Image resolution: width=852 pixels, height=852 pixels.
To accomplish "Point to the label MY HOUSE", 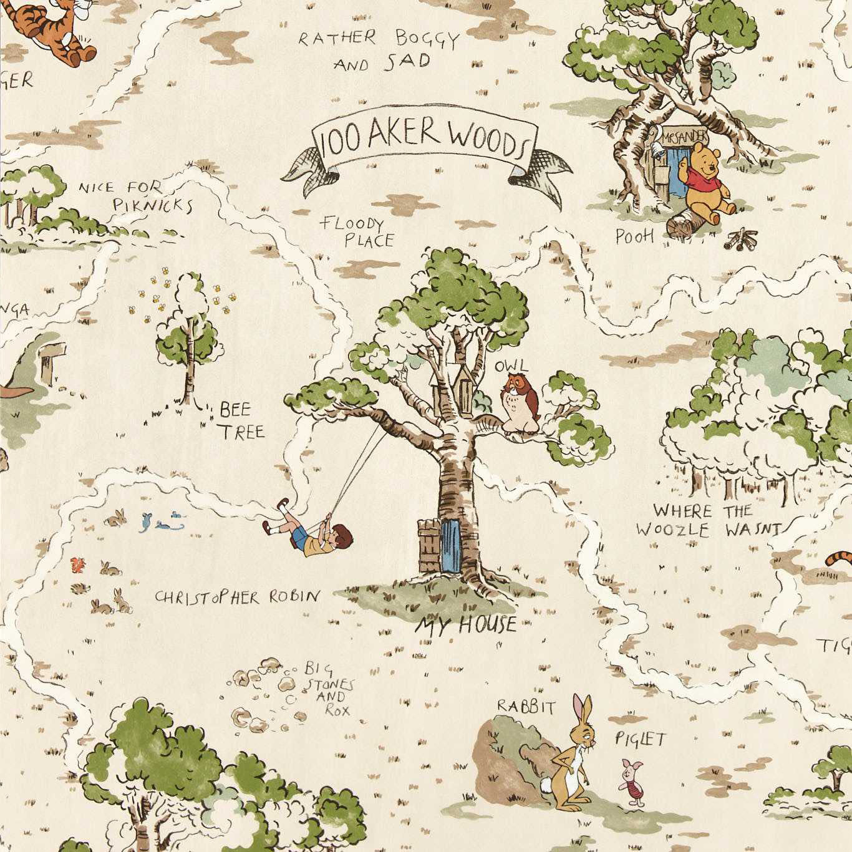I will pyautogui.click(x=467, y=624).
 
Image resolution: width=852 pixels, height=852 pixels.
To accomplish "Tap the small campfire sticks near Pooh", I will pyautogui.click(x=742, y=239).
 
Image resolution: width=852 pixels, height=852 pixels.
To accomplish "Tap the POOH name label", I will pyautogui.click(x=634, y=236).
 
